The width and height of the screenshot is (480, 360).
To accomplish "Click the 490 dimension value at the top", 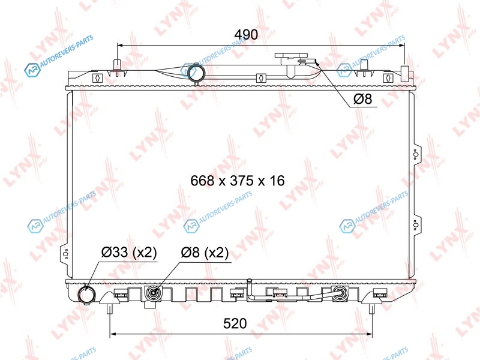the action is click(x=246, y=35).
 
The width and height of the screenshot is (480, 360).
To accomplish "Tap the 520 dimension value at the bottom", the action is click(x=235, y=323).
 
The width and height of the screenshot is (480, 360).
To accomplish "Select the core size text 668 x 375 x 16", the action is click(x=238, y=181).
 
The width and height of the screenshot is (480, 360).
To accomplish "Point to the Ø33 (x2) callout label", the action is click(x=129, y=253).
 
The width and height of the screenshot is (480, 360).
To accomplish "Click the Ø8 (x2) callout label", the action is click(x=205, y=253).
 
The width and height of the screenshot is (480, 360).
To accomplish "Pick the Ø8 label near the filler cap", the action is click(x=363, y=99).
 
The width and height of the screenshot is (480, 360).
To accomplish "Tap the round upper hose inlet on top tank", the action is click(x=196, y=73).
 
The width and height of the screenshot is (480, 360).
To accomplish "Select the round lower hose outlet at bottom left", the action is click(x=87, y=295).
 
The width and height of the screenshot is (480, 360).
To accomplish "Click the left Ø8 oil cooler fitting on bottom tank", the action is click(x=153, y=294).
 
